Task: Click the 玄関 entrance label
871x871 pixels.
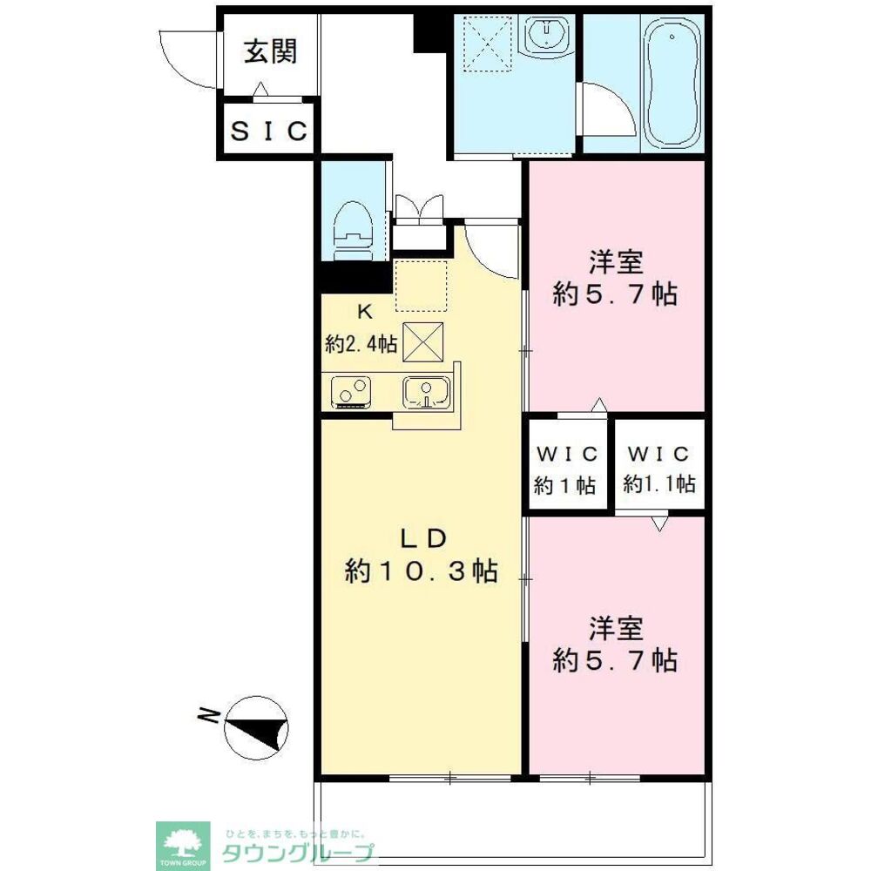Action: [271, 51]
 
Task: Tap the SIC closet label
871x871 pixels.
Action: [269, 132]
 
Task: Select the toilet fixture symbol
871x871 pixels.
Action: [352, 230]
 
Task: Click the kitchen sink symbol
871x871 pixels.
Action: [426, 392]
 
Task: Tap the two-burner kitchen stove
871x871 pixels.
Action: [351, 392]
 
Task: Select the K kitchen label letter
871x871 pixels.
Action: [364, 312]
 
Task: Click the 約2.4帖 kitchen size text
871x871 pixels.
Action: [361, 344]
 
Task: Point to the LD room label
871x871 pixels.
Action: [423, 538]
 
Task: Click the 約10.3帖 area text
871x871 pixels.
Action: [421, 571]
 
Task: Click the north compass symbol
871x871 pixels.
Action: [256, 727]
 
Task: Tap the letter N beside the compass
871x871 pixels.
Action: [208, 715]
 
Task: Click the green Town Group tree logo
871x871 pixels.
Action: [183, 845]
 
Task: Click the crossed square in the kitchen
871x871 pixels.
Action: [422, 341]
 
